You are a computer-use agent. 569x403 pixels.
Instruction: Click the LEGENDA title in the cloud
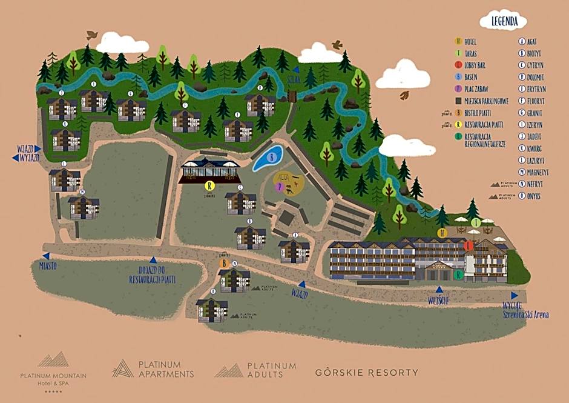point(504,21)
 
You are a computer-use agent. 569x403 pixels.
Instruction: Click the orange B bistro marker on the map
point(223,264)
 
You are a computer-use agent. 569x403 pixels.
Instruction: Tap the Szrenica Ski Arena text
point(525,314)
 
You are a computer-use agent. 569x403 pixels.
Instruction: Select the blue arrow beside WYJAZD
point(15,158)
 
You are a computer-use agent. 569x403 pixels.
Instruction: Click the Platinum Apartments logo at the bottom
point(154,368)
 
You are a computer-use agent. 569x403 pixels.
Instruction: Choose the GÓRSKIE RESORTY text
point(366,372)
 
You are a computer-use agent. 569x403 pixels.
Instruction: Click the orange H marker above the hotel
point(442,233)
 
